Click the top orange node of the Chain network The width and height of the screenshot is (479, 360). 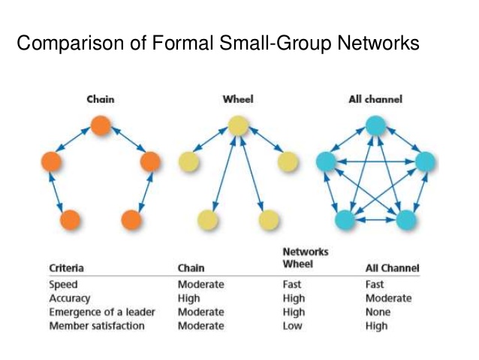pyautogui.click(x=101, y=125)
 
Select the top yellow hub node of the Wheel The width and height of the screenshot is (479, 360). pyautogui.click(x=237, y=125)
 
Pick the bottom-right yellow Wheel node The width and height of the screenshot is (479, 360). pyautogui.click(x=268, y=219)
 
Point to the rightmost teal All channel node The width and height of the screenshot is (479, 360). pyautogui.click(x=425, y=161)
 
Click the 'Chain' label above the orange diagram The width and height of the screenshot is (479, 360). pyautogui.click(x=101, y=99)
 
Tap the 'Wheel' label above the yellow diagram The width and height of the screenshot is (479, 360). pyautogui.click(x=237, y=99)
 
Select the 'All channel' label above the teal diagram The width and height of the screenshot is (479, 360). pyautogui.click(x=375, y=99)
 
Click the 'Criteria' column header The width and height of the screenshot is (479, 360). pyautogui.click(x=66, y=268)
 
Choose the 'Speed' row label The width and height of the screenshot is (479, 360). pyautogui.click(x=63, y=285)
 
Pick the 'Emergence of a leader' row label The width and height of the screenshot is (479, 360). pyautogui.click(x=99, y=312)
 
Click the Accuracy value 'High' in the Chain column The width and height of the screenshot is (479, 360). pyautogui.click(x=189, y=298)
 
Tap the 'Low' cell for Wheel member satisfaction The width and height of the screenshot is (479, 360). pyautogui.click(x=293, y=325)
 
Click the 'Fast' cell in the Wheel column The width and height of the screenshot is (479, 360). pyautogui.click(x=293, y=285)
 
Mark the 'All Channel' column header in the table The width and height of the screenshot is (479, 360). pyautogui.click(x=392, y=268)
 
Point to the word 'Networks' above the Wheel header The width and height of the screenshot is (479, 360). pyautogui.click(x=305, y=252)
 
